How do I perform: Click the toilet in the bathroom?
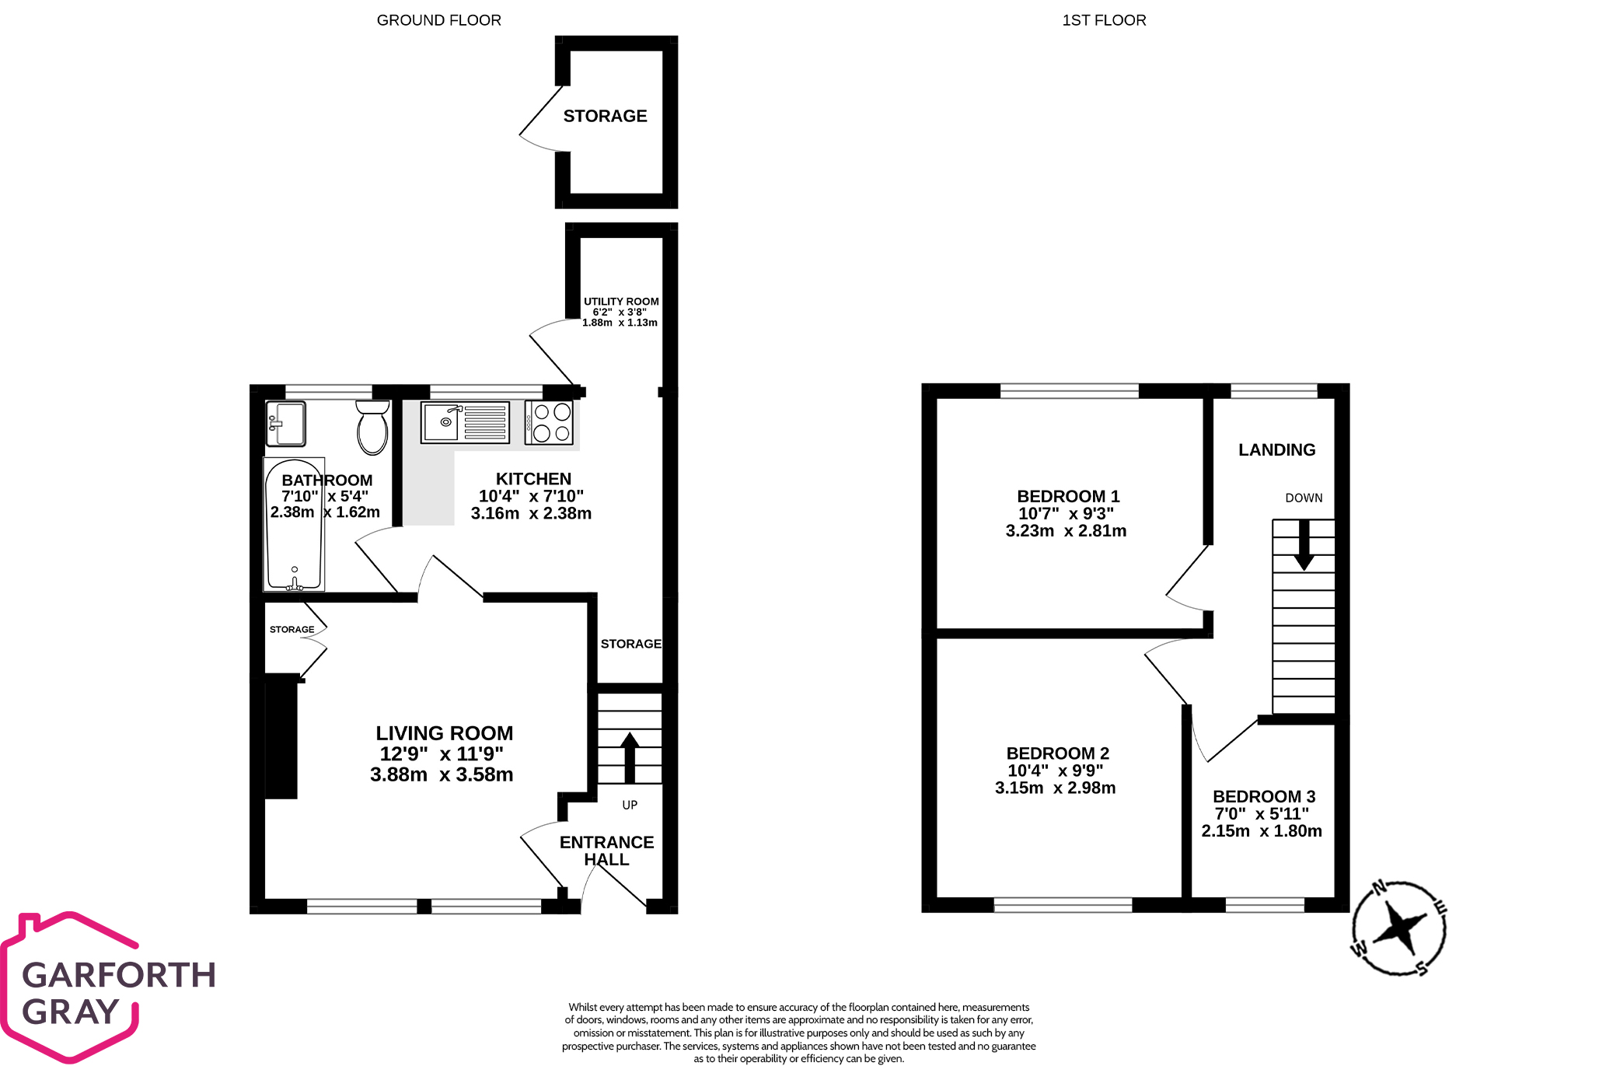tap(372, 428)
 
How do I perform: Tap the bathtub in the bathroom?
tap(294, 526)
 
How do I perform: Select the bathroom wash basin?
tap(285, 424)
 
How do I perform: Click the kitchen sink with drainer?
tap(465, 422)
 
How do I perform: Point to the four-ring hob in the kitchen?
tap(551, 423)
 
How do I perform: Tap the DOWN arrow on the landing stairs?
tap(1304, 545)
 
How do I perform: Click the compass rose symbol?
tap(1398, 927)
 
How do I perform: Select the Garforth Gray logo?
tap(109, 988)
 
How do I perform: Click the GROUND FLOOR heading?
tap(438, 20)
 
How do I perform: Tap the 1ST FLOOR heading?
tap(1103, 20)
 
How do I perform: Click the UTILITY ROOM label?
tap(621, 302)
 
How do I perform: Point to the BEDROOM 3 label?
tap(1263, 796)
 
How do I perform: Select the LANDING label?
tap(1276, 449)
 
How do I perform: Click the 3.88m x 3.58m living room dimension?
tap(442, 774)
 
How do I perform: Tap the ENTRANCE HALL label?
tap(606, 851)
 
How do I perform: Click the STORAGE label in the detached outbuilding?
tap(605, 116)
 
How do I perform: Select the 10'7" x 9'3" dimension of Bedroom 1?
tap(1066, 513)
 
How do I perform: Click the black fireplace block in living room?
tap(281, 736)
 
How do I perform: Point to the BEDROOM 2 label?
tap(1057, 753)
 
